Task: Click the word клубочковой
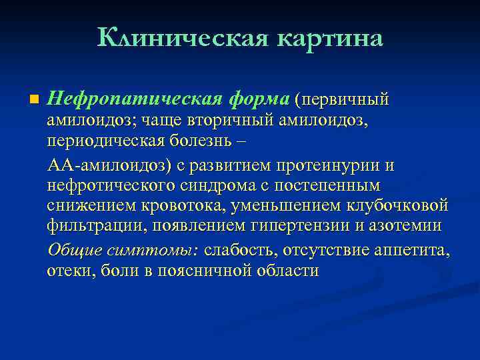point(403,206)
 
